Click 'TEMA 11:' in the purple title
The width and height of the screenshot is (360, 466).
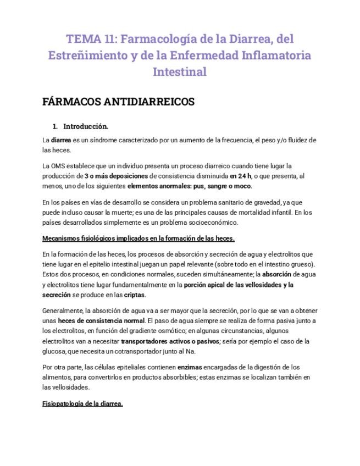coord(90,39)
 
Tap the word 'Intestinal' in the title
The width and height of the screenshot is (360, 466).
coord(180,72)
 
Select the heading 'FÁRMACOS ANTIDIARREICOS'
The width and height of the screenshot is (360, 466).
coord(118,102)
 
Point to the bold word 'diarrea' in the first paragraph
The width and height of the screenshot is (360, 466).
coord(61,140)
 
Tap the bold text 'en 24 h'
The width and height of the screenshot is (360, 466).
coord(240,176)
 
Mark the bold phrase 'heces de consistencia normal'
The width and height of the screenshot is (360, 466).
coord(101,320)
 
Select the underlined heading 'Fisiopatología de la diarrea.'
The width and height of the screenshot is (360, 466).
coord(82,403)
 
